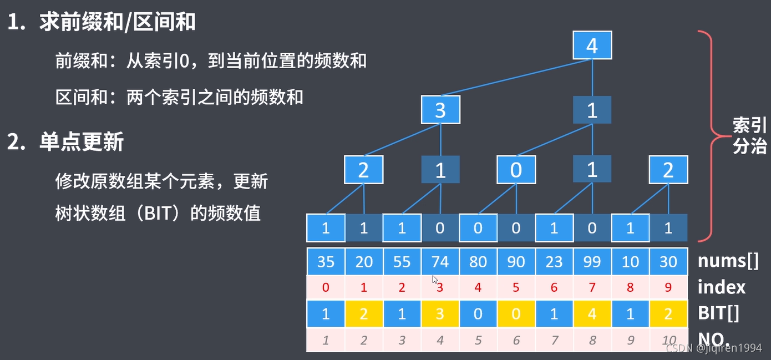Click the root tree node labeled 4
coord(592,45)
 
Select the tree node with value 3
coord(440,110)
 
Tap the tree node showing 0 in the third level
coord(516,170)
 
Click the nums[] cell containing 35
coord(326,261)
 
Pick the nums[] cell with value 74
coord(440,261)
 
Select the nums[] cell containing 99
coord(592,261)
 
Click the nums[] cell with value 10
coord(630,261)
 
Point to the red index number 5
coord(516,288)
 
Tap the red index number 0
coord(326,288)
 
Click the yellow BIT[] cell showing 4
coord(592,314)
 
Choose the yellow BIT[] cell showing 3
coord(440,314)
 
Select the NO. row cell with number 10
coord(668,340)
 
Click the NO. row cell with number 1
coord(326,340)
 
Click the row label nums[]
coord(728,261)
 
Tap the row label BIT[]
coord(719,314)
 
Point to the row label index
coord(722,287)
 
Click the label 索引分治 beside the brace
coord(749,135)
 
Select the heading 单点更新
coord(81,143)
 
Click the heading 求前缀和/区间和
coord(117,22)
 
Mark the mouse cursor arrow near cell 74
coord(435,280)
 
